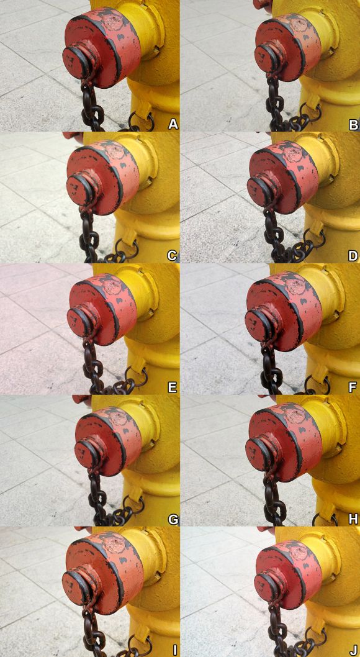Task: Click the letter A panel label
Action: click(173, 124)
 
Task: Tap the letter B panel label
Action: click(353, 124)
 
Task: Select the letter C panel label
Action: click(173, 256)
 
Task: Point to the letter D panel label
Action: click(353, 256)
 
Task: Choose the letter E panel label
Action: click(173, 387)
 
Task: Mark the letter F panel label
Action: click(353, 387)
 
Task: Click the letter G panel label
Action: click(173, 519)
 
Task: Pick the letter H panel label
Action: click(353, 519)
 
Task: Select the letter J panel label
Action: click(353, 650)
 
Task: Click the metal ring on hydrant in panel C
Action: click(125, 248)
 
